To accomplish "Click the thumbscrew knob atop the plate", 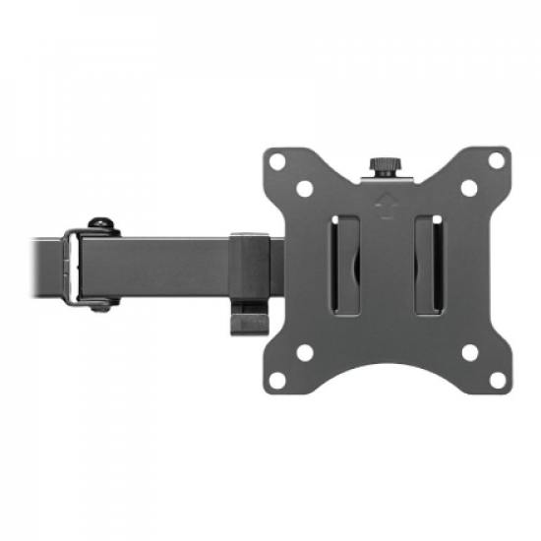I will click(382, 161).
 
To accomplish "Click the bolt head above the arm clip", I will click(98, 222).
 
